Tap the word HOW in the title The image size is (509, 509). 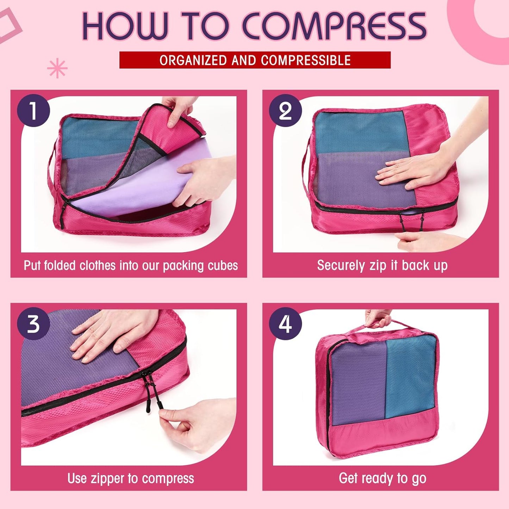click(x=125, y=26)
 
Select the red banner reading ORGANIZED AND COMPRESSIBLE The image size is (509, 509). click(x=255, y=60)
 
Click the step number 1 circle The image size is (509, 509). click(x=33, y=111)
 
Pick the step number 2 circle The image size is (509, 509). click(x=285, y=111)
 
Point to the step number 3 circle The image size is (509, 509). click(x=33, y=324)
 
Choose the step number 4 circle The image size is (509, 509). click(x=285, y=324)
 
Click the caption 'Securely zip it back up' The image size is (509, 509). click(x=382, y=265)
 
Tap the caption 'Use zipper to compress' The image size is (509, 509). click(x=130, y=478)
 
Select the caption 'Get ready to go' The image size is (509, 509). click(x=382, y=478)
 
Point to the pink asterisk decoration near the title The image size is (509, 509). click(x=57, y=69)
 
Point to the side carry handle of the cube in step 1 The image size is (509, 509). click(x=53, y=169)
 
